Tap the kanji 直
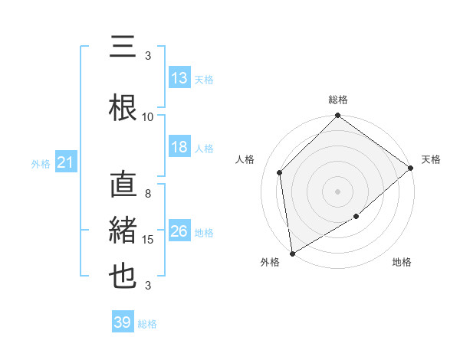point(123,186)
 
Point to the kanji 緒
point(123,231)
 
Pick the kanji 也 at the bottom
point(123,276)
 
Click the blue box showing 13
point(179,78)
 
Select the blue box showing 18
point(179,148)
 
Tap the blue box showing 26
point(179,232)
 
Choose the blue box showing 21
point(65,162)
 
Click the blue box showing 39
point(122,322)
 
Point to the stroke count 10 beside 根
point(148,116)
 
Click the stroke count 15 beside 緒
point(148,240)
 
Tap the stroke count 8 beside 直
point(148,194)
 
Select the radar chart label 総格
point(338,100)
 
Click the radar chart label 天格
point(431,159)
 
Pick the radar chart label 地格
point(402,262)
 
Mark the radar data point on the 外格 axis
point(292,253)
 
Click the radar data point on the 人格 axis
point(280,172)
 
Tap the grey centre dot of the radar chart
point(338,191)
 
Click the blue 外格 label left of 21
point(40,163)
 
